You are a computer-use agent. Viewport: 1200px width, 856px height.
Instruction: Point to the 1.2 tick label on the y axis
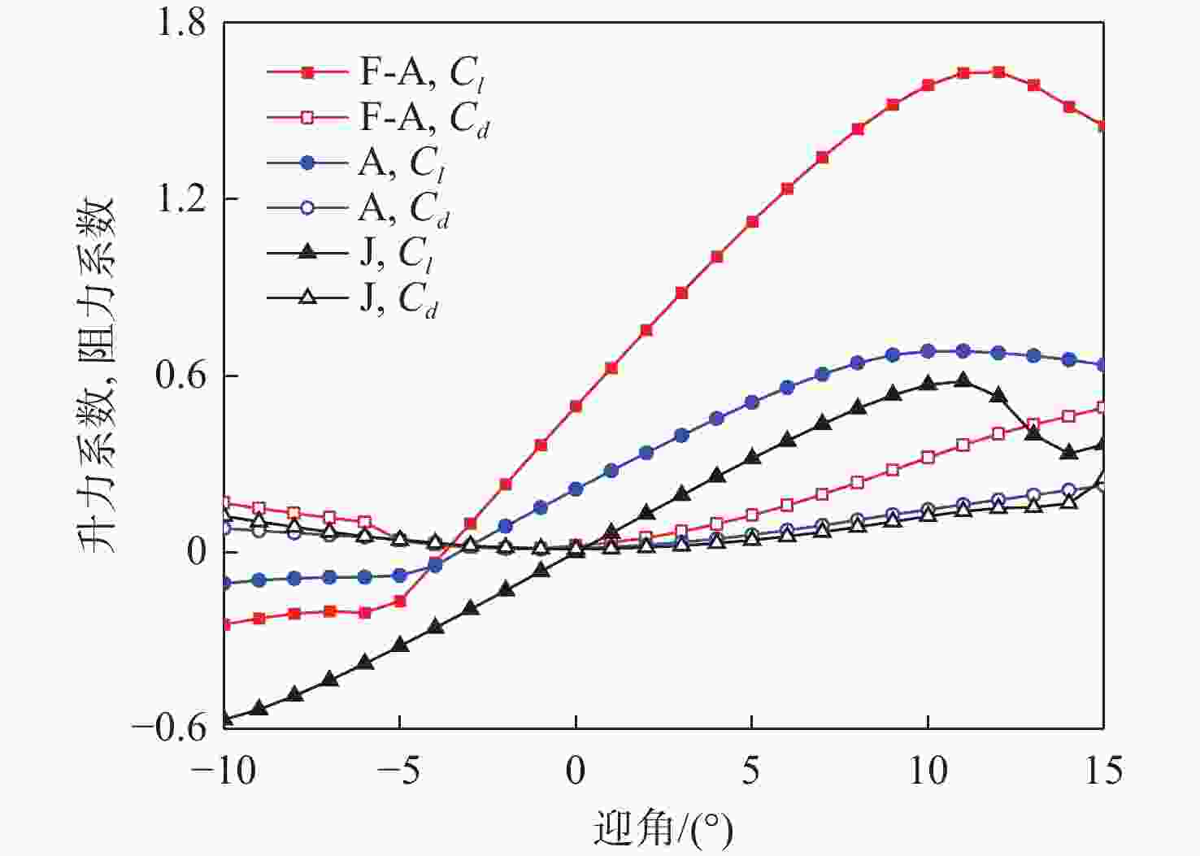coord(180,200)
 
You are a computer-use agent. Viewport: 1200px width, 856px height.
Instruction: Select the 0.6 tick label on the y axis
coord(180,376)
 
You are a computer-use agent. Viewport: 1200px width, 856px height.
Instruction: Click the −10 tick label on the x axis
coord(223,770)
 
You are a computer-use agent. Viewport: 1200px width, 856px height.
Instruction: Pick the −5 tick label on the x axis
coord(398,770)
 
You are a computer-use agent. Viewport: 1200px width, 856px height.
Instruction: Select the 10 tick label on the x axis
coord(928,770)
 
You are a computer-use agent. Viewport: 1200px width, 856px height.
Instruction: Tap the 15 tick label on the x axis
coord(1103,770)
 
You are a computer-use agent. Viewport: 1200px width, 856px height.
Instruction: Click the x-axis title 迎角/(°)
coord(663,829)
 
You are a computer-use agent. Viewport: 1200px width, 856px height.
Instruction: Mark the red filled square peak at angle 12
coord(998,72)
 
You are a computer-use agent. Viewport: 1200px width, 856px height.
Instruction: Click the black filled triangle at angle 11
coord(963,380)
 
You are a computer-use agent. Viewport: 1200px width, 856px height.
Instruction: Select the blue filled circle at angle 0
coord(576,489)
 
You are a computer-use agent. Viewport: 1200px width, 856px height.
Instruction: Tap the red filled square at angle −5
coord(399,601)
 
